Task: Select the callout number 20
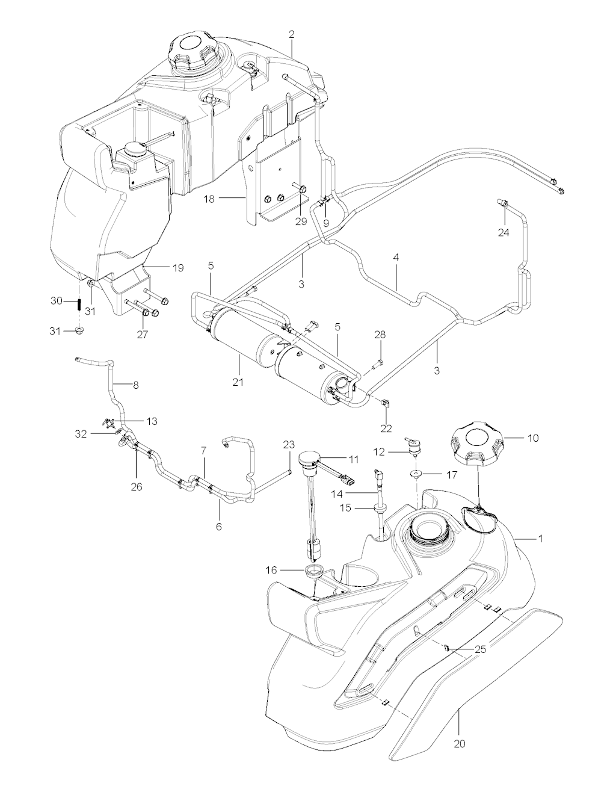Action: pyautogui.click(x=460, y=744)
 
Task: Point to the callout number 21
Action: pyautogui.click(x=239, y=382)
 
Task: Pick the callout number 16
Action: pyautogui.click(x=272, y=569)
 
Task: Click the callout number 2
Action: pyautogui.click(x=292, y=34)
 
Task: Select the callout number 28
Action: pyautogui.click(x=380, y=335)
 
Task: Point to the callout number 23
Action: pyautogui.click(x=289, y=444)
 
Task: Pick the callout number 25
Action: pyautogui.click(x=480, y=649)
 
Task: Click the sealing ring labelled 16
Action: pyautogui.click(x=313, y=571)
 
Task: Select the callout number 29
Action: pyautogui.click(x=301, y=221)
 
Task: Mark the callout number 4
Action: pyautogui.click(x=396, y=256)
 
